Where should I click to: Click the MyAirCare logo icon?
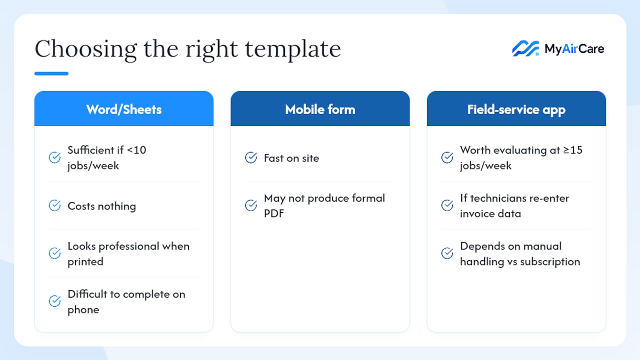(x=525, y=48)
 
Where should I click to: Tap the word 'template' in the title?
(x=293, y=49)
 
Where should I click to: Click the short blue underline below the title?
(x=51, y=73)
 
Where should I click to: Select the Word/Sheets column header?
(x=124, y=108)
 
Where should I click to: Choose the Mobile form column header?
(x=320, y=108)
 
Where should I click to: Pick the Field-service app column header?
(x=516, y=108)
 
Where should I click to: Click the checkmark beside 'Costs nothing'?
(x=54, y=205)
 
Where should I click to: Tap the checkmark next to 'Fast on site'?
(x=251, y=157)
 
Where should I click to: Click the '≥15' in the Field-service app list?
(x=572, y=150)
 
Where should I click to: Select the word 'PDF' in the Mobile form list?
(x=274, y=213)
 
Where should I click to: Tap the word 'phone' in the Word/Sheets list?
(x=83, y=310)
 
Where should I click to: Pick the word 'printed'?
(x=85, y=262)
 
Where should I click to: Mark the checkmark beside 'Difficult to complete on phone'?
(x=54, y=301)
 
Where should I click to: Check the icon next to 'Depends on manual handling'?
(x=447, y=253)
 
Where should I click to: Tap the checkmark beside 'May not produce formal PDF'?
(x=251, y=205)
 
